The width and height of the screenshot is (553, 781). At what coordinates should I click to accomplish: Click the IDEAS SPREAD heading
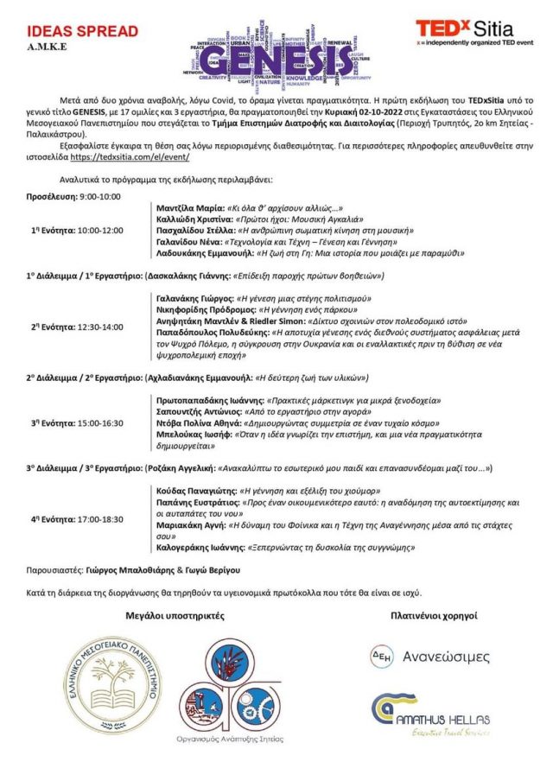coord(76,31)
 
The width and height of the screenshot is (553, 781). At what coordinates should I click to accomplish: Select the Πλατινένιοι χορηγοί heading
coord(432,616)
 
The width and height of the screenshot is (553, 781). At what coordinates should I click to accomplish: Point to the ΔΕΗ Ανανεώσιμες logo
coord(429,656)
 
